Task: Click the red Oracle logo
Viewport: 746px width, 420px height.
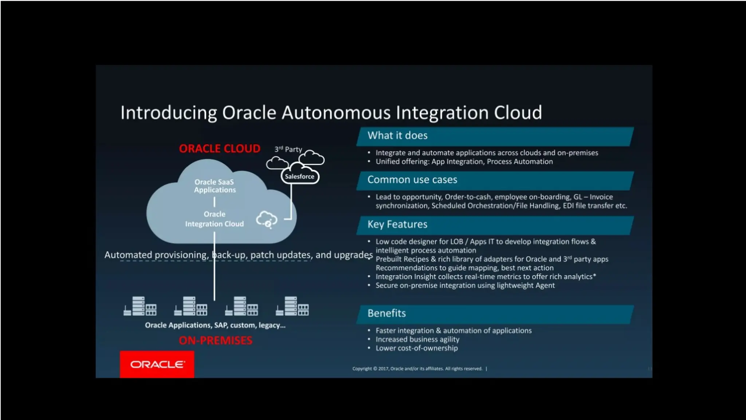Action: click(x=157, y=364)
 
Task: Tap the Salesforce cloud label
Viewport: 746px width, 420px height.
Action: click(x=299, y=176)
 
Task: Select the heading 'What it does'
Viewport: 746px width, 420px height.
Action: click(x=397, y=136)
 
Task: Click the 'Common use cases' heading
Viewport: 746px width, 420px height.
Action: click(x=412, y=180)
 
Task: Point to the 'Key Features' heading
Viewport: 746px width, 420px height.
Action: click(x=397, y=224)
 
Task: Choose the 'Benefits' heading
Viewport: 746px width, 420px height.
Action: click(x=386, y=313)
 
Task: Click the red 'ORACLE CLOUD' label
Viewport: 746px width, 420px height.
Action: click(x=220, y=149)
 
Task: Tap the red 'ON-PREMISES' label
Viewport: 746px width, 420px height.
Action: click(x=215, y=341)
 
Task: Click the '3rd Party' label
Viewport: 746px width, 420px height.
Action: click(x=288, y=149)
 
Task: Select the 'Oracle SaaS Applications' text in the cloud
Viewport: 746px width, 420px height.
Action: click(x=215, y=186)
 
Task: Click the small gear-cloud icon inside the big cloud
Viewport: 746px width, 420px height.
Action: click(x=267, y=219)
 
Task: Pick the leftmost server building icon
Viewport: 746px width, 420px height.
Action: click(x=140, y=306)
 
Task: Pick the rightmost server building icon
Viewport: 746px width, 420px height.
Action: click(x=292, y=306)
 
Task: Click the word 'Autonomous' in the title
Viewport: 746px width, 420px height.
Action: click(x=336, y=112)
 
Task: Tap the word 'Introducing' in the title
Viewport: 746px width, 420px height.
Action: click(x=169, y=113)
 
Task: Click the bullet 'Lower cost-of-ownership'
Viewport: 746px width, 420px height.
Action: click(x=417, y=348)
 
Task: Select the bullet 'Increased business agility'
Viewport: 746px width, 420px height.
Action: click(x=417, y=339)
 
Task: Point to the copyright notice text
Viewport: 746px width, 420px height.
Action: click(x=417, y=369)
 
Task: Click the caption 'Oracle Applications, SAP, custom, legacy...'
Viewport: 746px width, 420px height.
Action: click(x=215, y=325)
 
